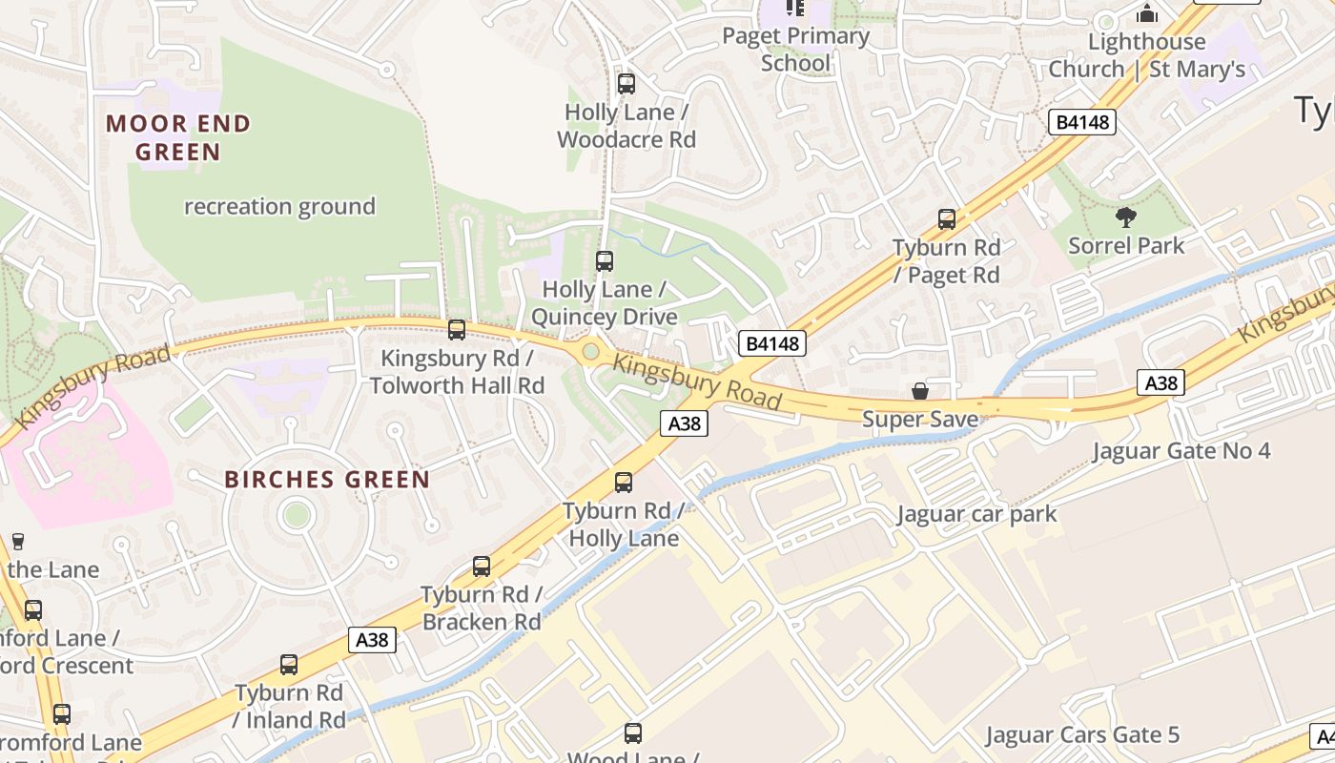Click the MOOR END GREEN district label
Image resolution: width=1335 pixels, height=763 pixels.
[x=178, y=137]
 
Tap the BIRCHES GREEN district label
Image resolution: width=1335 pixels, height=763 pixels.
[x=327, y=479]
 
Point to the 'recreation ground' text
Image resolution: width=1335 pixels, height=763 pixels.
[x=279, y=206]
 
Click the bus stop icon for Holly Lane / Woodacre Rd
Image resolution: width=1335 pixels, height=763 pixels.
[x=626, y=84]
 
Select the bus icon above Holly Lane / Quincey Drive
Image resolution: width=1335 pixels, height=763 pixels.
[x=605, y=260]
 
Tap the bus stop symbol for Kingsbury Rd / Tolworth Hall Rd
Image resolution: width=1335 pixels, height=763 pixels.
[x=457, y=330]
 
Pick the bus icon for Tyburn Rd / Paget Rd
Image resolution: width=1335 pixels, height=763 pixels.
[x=947, y=219]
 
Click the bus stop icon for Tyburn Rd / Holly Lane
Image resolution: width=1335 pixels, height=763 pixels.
[x=624, y=483]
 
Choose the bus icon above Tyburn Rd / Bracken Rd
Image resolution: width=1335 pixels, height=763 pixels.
[x=482, y=567]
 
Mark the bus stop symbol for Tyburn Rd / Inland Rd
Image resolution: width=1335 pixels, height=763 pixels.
[x=289, y=665]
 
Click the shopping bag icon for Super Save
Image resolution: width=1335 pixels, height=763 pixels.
[x=920, y=391]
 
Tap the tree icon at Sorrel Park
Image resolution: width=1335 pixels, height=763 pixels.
[x=1126, y=217]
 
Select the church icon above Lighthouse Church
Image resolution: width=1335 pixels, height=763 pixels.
[x=1147, y=13]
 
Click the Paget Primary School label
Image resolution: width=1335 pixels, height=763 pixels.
[x=795, y=50]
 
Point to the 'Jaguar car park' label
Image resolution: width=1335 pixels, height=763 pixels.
[x=976, y=514]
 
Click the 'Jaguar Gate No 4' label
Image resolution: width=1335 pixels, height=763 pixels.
[x=1181, y=450]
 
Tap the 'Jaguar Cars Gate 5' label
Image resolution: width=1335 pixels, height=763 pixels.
[x=1082, y=734]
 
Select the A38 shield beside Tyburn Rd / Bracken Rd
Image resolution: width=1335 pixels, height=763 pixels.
[x=372, y=639]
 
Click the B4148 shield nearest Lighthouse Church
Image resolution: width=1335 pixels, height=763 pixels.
[x=1083, y=121]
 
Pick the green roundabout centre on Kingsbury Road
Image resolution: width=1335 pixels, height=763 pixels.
[x=590, y=352]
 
